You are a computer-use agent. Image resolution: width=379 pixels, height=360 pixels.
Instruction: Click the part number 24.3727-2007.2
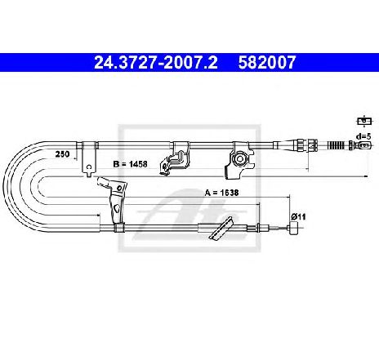(156, 63)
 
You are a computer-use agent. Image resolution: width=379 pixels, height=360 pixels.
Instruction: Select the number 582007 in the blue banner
(267, 63)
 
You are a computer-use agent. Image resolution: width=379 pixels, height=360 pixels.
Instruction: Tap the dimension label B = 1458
(130, 164)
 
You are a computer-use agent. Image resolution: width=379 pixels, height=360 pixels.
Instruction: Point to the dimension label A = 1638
(222, 193)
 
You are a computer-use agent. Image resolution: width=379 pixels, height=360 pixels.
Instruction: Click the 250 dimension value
(62, 154)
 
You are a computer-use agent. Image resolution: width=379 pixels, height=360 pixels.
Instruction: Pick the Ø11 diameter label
(298, 216)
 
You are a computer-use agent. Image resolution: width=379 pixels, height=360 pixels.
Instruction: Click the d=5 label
(364, 136)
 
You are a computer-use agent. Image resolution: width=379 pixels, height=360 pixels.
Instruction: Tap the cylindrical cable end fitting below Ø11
(293, 228)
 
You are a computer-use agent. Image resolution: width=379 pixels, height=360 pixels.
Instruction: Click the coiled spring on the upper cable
(337, 145)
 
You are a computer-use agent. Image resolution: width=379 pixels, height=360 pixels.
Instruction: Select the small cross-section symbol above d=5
(364, 121)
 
